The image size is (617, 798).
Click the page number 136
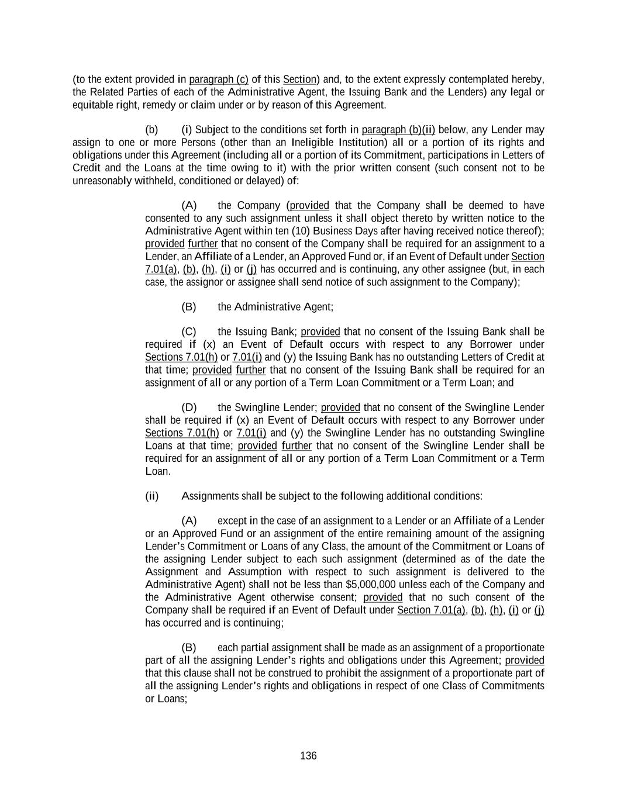308,756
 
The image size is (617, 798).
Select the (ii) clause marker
151,496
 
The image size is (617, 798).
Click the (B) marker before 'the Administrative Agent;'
189,307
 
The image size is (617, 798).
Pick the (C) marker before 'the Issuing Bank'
189,332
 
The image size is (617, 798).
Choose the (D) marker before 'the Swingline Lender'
189,407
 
